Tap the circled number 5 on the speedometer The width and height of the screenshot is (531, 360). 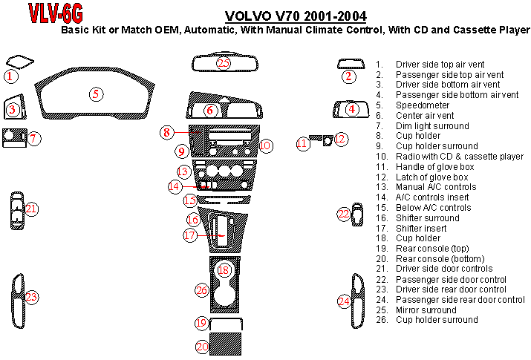[96, 94]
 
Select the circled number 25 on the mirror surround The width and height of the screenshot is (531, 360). [224, 62]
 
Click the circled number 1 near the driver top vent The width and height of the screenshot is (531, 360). [10, 76]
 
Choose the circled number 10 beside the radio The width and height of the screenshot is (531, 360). [265, 145]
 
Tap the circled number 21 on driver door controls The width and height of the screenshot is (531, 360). [30, 209]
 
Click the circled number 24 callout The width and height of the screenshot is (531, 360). [344, 301]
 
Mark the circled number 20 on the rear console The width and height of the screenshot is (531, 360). [201, 347]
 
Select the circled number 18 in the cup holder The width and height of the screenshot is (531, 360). [224, 271]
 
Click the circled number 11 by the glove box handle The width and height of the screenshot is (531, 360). [303, 143]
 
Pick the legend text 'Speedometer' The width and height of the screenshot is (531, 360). [422, 105]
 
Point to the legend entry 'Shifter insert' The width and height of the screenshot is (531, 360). [421, 228]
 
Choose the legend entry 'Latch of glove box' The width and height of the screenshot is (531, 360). [431, 177]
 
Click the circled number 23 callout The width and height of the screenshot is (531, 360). [31, 298]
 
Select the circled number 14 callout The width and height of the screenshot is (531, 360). [175, 186]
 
